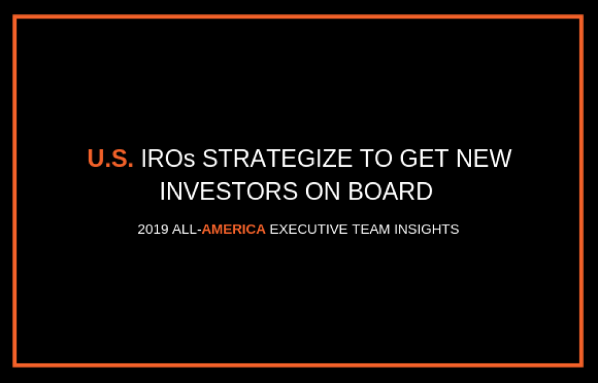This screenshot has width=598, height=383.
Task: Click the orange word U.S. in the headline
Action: coord(111,158)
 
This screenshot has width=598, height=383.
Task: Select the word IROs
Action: coord(168,158)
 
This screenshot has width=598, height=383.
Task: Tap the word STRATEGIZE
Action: coord(277,158)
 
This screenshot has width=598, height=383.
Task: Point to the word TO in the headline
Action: coord(376,158)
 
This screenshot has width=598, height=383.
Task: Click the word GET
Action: coord(424,158)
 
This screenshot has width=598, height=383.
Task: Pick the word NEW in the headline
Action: coord(484,158)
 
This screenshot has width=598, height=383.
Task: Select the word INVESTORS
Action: coord(228,191)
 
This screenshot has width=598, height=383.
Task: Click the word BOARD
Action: coord(390,191)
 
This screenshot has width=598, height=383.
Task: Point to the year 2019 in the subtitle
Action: coord(153,229)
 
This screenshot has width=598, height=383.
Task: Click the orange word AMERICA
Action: coord(233,229)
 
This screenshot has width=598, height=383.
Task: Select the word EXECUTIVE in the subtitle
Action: coord(309,229)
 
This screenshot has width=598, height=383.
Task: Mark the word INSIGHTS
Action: coord(426,229)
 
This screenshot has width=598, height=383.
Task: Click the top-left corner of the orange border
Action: coord(14,16)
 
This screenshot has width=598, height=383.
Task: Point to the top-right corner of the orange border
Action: coord(582,16)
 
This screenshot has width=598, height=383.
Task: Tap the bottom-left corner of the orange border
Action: coord(14,365)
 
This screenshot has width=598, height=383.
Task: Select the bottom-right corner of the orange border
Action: coord(582,365)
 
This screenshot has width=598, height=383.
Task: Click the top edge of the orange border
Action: coord(298,16)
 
